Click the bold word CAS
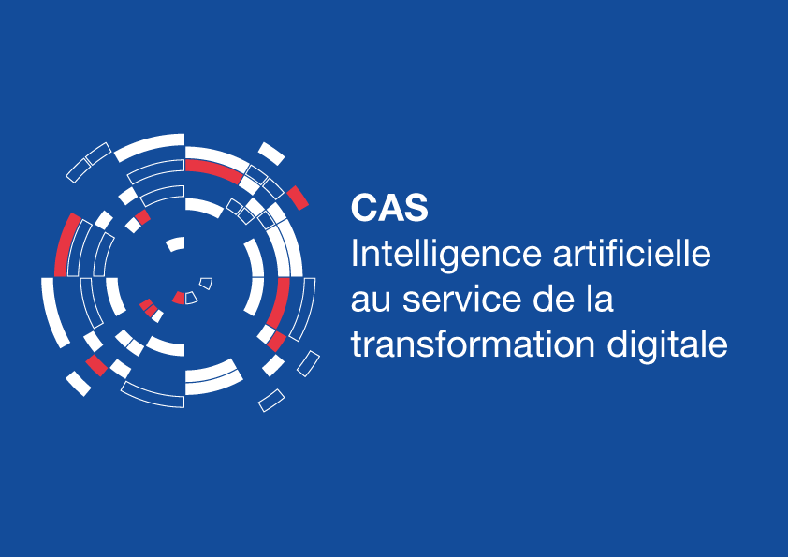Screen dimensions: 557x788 coord(389,208)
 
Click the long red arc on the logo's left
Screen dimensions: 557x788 coord(66,243)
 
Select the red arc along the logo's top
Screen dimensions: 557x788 coord(213,169)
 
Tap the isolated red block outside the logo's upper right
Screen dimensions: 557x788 coord(298,197)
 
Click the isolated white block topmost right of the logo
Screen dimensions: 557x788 coord(271,153)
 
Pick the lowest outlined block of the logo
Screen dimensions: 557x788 coord(271,400)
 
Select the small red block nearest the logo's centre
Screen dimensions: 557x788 coord(179,298)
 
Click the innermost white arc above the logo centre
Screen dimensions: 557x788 coord(175,244)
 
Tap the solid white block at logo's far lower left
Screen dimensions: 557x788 coord(79,383)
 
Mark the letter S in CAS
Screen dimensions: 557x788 coord(417,208)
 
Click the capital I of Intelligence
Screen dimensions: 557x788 coord(354,254)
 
